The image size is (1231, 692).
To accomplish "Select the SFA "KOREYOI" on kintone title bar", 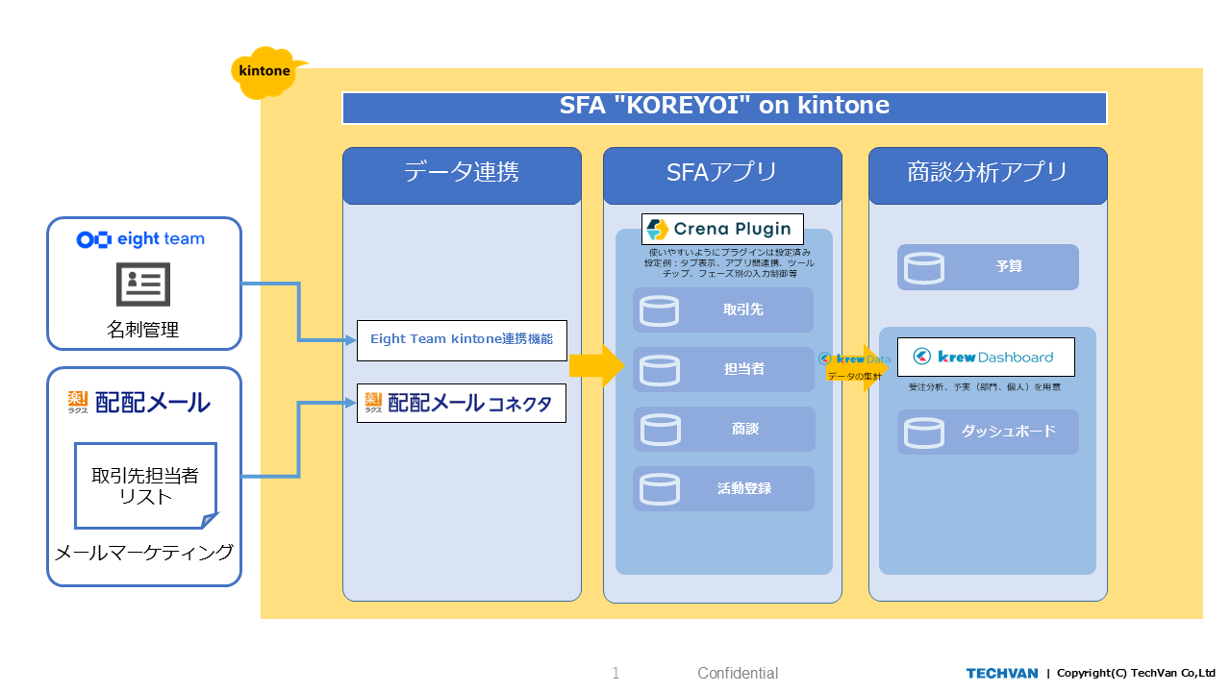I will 724,108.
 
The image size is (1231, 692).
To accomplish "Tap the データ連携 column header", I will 462,174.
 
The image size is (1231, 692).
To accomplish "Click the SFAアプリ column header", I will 722,174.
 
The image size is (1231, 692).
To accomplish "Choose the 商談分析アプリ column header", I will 988,174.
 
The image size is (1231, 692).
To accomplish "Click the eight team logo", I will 140,239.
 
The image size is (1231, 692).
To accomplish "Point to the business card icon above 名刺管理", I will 143,284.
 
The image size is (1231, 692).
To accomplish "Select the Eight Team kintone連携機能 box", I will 462,340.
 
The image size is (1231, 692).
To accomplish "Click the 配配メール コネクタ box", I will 462,404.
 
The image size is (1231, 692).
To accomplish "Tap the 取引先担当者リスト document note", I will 145,485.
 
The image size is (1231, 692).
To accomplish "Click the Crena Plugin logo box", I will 722,229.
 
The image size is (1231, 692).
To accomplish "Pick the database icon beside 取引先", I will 660,310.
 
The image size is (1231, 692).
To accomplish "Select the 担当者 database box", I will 723,370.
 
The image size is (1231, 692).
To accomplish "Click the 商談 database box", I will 723,430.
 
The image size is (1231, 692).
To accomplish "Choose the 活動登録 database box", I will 723,489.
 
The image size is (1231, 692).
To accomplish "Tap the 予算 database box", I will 988,267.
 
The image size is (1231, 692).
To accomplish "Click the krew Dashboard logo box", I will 986,357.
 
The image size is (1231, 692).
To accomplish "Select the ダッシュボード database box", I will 988,432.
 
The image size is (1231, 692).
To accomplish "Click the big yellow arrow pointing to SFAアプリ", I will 596,366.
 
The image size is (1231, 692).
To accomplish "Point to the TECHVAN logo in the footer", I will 1002,673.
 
